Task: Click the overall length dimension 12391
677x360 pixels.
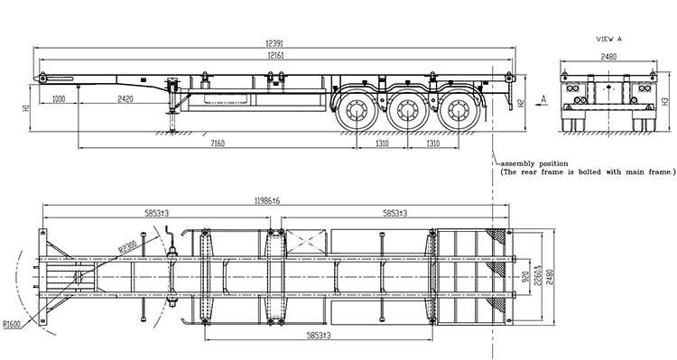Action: pos(274,43)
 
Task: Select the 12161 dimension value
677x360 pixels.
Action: pos(275,55)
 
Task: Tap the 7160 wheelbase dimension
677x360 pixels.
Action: pos(218,143)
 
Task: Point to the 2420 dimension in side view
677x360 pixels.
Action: pos(125,99)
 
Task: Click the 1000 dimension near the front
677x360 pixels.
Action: pos(59,99)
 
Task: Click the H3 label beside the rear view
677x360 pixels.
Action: pos(664,102)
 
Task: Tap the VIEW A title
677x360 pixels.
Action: pos(608,39)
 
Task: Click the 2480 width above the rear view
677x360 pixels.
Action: pos(608,57)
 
